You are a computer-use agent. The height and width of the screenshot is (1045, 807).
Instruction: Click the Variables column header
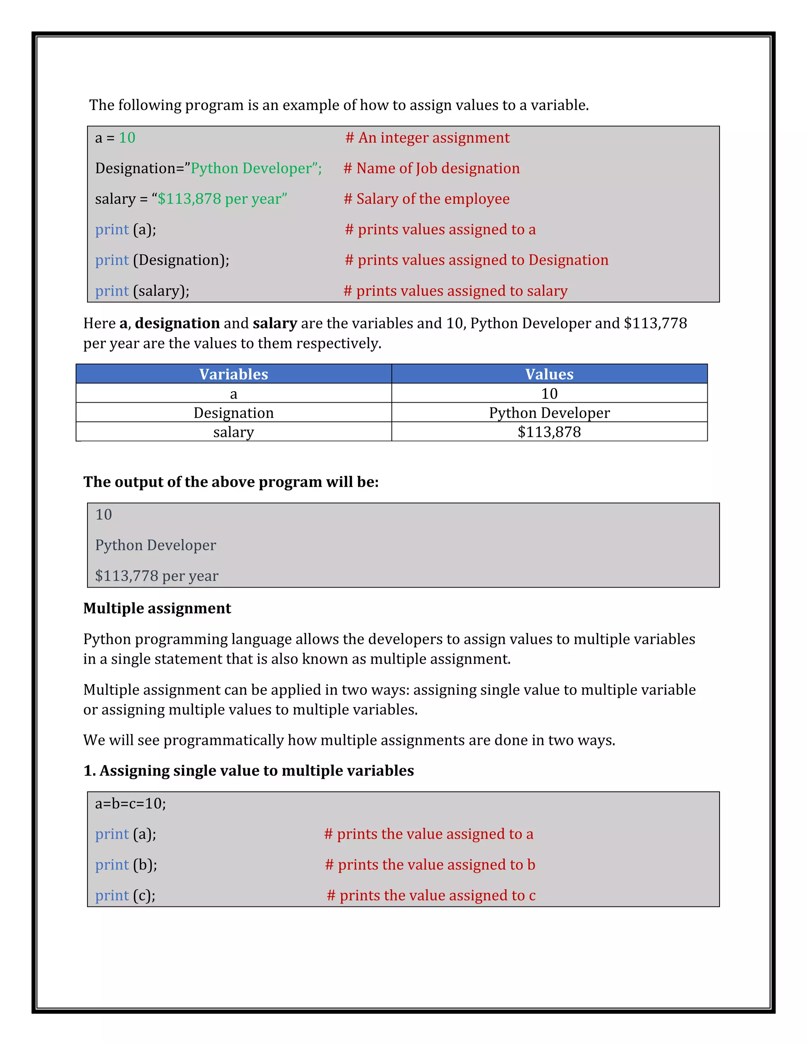coord(233,374)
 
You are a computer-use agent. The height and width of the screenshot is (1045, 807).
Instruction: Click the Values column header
coord(549,374)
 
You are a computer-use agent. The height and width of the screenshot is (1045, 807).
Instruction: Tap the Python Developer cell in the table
coord(549,413)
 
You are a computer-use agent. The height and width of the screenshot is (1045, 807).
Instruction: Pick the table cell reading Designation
coord(233,413)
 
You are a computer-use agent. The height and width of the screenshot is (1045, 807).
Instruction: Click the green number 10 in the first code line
coord(127,138)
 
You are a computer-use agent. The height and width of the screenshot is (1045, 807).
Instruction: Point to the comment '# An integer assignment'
coord(428,138)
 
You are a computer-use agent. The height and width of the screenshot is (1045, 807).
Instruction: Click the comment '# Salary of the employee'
coord(426,199)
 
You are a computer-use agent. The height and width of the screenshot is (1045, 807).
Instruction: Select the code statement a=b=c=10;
coord(130,803)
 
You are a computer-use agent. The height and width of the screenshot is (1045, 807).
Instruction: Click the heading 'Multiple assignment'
coord(157,608)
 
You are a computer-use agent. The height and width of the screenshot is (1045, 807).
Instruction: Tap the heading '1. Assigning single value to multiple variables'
coord(248,771)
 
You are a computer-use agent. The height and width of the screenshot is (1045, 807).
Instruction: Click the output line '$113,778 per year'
coord(156,576)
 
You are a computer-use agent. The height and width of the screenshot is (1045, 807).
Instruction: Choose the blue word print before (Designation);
coord(112,260)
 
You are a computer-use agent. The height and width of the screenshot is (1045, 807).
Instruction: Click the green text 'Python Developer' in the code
coord(251,168)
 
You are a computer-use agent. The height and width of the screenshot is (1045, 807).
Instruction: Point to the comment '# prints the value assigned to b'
coord(430,865)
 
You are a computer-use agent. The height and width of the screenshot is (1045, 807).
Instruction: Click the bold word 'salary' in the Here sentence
coord(275,323)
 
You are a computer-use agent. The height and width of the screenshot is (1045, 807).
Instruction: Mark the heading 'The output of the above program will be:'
coord(231,482)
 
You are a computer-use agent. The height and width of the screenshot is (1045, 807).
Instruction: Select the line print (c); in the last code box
coord(125,895)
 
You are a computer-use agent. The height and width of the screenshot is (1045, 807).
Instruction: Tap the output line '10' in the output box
coord(103,514)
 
